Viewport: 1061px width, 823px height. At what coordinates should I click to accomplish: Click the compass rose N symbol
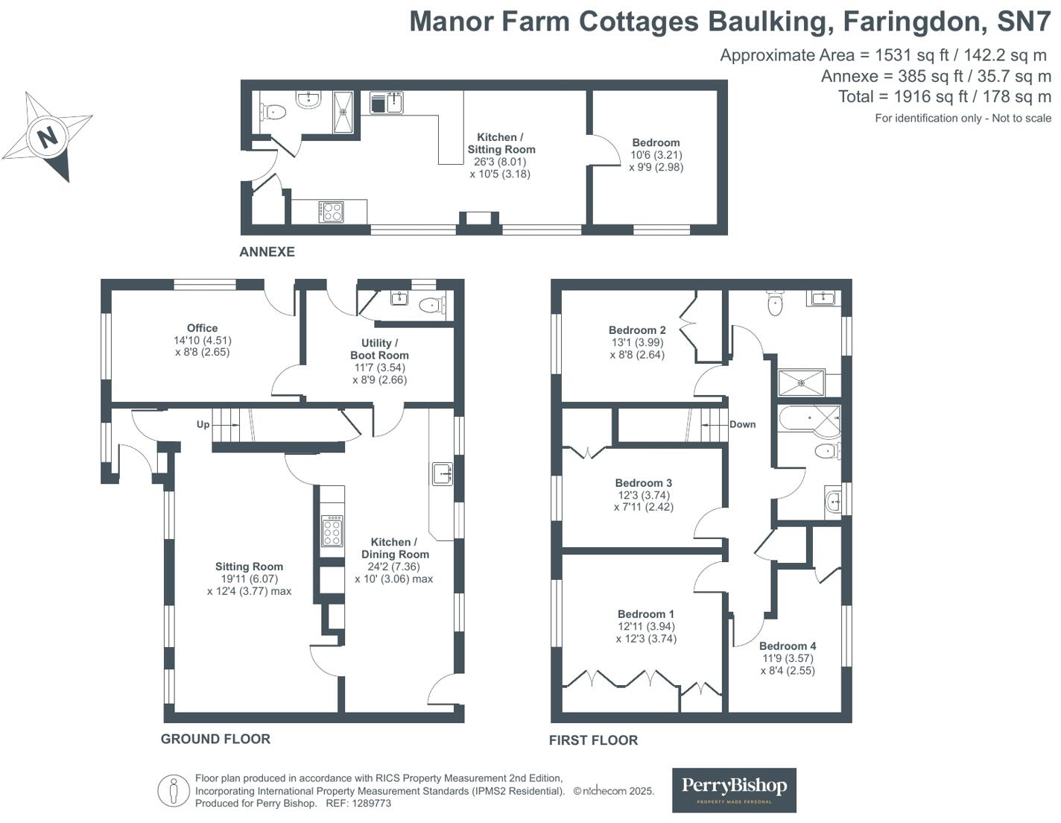(48, 136)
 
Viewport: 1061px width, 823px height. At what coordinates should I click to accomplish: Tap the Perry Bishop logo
(734, 789)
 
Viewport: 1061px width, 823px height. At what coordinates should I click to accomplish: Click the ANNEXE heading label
(267, 252)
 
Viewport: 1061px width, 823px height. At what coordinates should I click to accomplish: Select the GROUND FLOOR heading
(215, 739)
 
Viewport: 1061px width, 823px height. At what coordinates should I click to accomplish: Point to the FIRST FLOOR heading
(593, 740)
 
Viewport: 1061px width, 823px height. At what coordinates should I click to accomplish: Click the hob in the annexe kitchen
(332, 211)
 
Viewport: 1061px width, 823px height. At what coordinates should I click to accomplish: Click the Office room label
(202, 328)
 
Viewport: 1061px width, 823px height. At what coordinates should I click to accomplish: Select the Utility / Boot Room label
(379, 349)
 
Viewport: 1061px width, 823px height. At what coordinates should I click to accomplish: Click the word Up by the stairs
(203, 424)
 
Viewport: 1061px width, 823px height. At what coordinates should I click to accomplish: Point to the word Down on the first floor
(742, 424)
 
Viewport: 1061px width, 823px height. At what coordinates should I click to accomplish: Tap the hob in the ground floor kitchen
(332, 531)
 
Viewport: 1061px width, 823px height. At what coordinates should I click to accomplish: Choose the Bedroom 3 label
(644, 483)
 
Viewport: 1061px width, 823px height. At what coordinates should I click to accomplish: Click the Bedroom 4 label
(788, 646)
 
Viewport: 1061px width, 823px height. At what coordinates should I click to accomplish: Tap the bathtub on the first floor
(808, 420)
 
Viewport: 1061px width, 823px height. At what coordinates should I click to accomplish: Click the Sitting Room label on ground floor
(249, 567)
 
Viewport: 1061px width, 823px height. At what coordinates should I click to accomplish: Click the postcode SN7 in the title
(1024, 21)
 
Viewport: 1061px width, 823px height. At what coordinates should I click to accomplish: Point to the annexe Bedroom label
(656, 142)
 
